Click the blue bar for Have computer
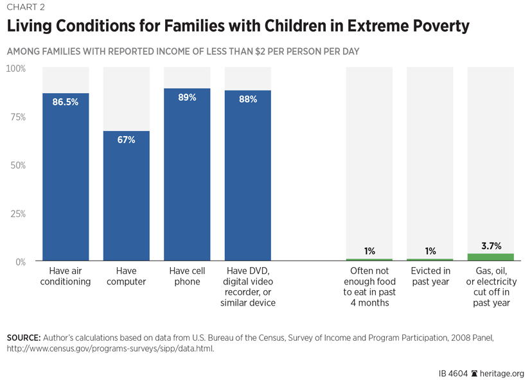(127, 196)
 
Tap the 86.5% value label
(66, 101)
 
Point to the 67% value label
(127, 139)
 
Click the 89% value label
(187, 98)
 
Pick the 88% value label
(247, 99)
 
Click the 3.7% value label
(490, 246)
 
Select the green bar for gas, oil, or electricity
(490, 257)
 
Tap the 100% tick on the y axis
(16, 68)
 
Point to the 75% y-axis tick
(17, 117)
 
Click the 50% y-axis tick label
(17, 165)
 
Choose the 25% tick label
(17, 214)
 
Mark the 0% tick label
(20, 262)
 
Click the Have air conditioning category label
(66, 277)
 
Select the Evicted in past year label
(430, 277)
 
